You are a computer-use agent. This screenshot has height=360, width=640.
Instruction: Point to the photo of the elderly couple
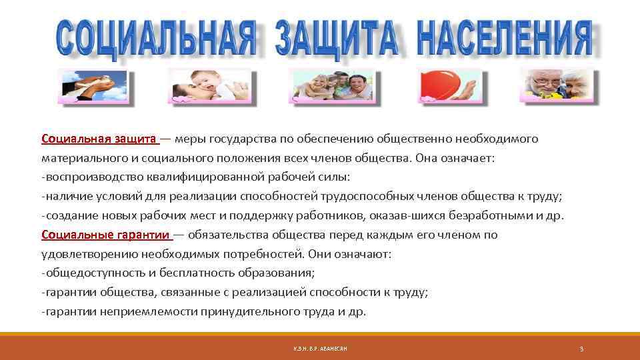[558, 86]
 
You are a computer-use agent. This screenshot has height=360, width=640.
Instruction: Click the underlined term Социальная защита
[99, 139]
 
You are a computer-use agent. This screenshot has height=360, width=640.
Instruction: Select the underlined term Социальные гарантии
[106, 235]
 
